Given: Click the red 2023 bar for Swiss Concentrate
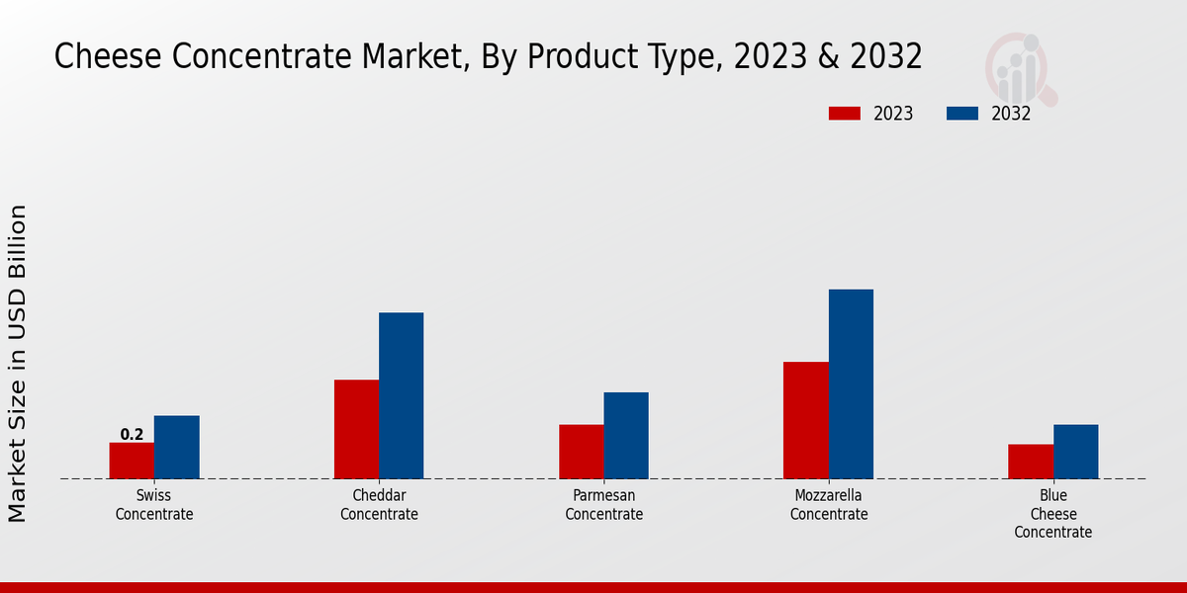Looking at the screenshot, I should point(132,461).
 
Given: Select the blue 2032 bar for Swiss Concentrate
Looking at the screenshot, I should point(176,447).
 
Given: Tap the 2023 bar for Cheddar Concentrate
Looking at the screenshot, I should point(356,429).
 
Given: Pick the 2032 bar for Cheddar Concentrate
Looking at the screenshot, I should point(401,395).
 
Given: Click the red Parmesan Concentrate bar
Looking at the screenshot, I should point(581,452).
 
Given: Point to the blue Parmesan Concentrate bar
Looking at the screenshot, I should point(626,435).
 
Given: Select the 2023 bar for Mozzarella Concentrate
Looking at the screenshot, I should point(805,420).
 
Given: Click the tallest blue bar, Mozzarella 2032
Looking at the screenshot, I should point(851,383).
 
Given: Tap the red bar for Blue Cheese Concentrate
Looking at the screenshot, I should point(1031,462).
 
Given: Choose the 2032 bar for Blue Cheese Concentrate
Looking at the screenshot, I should point(1075,452).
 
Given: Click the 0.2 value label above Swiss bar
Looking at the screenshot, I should point(132,434).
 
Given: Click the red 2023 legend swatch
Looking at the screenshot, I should point(845,114).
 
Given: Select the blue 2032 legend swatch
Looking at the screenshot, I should point(962,114).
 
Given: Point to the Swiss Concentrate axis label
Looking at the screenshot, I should point(154,505).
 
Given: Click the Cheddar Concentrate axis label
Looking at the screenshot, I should point(379,505).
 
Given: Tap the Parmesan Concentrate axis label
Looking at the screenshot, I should point(603,505).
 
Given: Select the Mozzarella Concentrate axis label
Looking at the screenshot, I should point(829,505).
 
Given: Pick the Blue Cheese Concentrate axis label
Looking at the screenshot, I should point(1053,514).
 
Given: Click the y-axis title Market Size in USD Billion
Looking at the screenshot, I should point(18,363).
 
